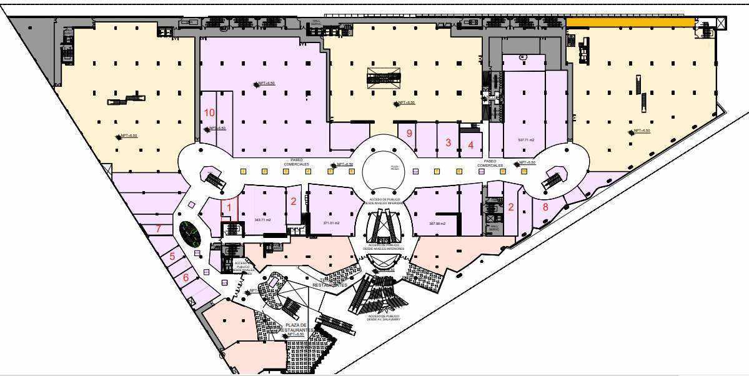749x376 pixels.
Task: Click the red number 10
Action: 209,113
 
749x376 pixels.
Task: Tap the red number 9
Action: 409,133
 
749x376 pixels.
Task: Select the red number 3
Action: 448,142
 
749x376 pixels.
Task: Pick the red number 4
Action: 470,145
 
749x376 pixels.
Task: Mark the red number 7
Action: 159,229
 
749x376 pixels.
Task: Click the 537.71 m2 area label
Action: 527,140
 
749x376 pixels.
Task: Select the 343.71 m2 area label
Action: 262,220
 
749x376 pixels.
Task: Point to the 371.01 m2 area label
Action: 331,223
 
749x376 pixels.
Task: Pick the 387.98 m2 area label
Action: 437,223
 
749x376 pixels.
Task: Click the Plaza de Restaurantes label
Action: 295,327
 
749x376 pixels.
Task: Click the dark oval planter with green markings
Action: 190,234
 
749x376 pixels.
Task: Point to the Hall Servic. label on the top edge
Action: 317,22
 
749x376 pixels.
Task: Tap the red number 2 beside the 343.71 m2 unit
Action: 293,201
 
